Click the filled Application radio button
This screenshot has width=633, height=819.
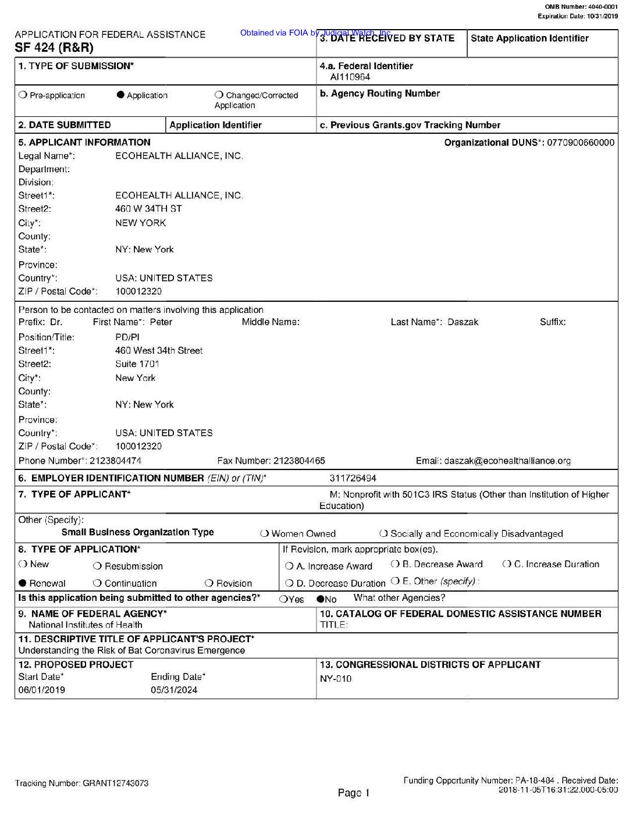[x=121, y=95]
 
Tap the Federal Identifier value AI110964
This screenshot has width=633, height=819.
[x=350, y=77]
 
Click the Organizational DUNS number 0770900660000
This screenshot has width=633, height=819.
[x=581, y=143]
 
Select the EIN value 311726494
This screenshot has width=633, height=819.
[x=353, y=478]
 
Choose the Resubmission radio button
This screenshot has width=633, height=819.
[x=97, y=567]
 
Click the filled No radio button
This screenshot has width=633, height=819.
[x=320, y=599]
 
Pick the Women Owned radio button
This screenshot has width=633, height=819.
[x=265, y=533]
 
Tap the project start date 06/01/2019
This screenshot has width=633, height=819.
[x=42, y=690]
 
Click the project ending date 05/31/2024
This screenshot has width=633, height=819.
[x=174, y=690]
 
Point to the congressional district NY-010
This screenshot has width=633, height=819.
[x=336, y=679]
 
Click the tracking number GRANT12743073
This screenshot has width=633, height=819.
[x=115, y=783]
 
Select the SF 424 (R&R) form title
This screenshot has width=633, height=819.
[x=54, y=48]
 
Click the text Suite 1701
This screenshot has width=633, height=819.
[x=137, y=364]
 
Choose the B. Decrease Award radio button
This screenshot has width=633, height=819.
[x=395, y=564]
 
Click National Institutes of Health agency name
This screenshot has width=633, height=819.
[x=86, y=625]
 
